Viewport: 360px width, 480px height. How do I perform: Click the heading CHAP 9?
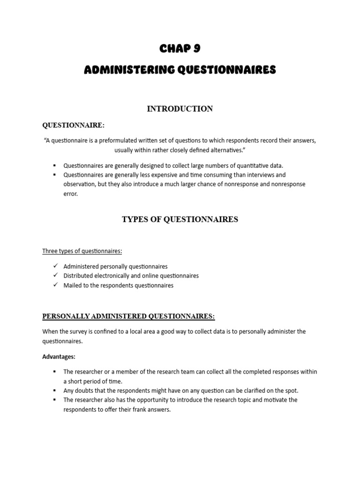[180, 48]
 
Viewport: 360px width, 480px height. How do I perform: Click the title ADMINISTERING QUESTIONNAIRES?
[180, 70]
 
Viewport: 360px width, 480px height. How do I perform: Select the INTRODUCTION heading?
[180, 109]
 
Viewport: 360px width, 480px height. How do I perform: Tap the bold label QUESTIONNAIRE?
[74, 125]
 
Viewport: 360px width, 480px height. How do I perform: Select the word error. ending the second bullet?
[71, 194]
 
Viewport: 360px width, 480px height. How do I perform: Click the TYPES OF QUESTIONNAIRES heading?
[180, 219]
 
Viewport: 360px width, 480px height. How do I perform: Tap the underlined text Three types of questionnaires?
[82, 251]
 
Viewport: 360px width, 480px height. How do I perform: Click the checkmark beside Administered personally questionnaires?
[55, 266]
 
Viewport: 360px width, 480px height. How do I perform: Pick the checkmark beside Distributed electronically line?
[55, 275]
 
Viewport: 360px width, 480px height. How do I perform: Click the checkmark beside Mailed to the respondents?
[55, 285]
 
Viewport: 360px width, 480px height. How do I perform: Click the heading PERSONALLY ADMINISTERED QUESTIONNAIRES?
[128, 316]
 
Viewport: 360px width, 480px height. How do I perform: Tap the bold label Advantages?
[59, 357]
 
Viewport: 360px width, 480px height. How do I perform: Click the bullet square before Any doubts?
[55, 390]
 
